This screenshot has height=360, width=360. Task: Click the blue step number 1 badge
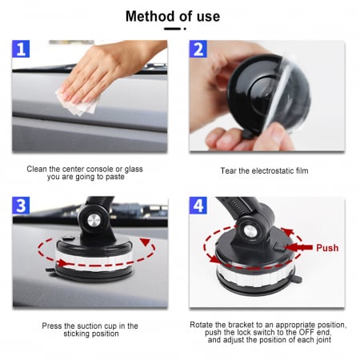tap(21, 49)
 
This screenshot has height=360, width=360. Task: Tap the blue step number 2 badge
tap(198, 49)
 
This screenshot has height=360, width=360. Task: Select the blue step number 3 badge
tap(21, 206)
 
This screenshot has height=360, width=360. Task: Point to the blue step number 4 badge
tap(198, 206)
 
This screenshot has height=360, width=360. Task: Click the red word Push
tap(327, 248)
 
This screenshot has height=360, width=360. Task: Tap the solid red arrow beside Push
tap(298, 247)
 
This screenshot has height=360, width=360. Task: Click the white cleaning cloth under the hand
tap(78, 102)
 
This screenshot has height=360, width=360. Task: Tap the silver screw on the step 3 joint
tap(94, 221)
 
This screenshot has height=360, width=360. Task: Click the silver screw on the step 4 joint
tap(250, 231)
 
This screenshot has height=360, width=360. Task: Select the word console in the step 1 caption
tap(99, 169)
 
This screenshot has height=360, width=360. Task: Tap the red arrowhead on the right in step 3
tap(146, 242)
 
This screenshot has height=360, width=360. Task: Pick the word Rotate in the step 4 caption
tap(202, 325)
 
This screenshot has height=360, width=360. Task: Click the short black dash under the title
tap(172, 29)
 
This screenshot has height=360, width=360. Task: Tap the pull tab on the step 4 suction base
tap(298, 279)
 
